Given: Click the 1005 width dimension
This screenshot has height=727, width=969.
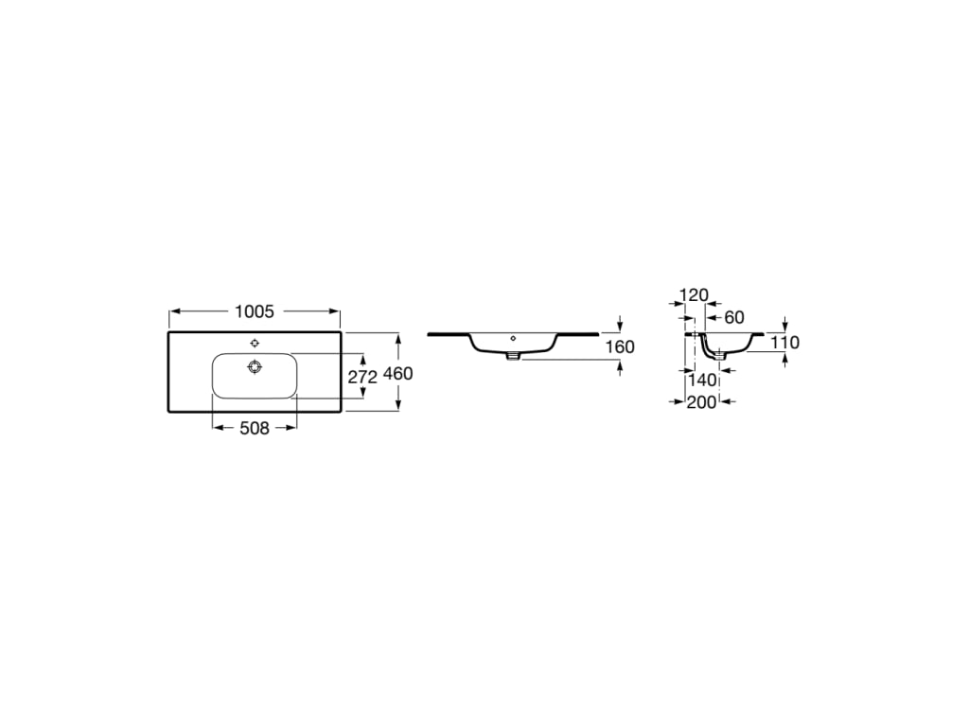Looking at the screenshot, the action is (254, 311).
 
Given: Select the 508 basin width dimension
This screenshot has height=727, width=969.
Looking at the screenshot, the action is (255, 428).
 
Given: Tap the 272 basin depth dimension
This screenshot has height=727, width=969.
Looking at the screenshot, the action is (362, 377).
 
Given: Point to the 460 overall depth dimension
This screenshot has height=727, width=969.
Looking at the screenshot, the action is (398, 373).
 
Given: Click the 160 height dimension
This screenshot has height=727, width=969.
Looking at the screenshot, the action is (620, 346).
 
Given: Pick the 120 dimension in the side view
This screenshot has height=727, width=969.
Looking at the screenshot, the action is (694, 295).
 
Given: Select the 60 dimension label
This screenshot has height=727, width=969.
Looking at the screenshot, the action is (734, 317).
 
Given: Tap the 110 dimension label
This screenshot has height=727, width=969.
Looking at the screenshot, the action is (784, 342).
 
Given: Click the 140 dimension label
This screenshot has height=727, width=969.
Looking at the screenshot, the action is (702, 380).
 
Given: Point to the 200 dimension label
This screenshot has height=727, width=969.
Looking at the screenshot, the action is (701, 401).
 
